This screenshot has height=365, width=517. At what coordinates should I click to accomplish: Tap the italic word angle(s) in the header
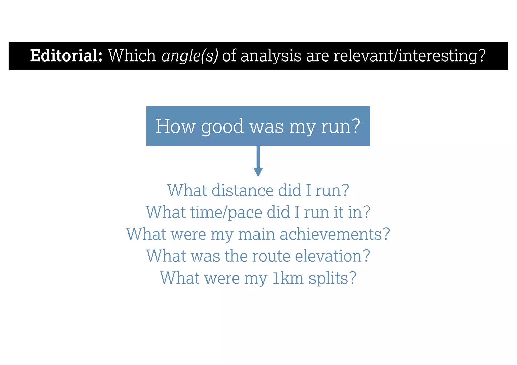(x=190, y=56)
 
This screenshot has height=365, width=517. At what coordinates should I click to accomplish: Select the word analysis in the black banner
(x=271, y=56)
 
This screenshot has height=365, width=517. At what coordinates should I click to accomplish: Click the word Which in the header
(x=132, y=56)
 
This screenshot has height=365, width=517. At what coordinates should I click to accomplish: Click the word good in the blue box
(x=222, y=126)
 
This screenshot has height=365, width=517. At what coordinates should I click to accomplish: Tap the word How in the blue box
(x=175, y=126)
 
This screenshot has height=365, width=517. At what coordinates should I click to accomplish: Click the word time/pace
(x=226, y=212)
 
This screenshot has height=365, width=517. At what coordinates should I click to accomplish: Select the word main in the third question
(x=256, y=234)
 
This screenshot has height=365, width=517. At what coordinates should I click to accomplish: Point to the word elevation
(x=332, y=256)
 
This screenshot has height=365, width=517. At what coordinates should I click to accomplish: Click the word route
(x=271, y=256)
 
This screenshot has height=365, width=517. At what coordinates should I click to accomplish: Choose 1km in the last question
(x=288, y=278)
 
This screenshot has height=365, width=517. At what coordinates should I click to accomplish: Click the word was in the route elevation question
(x=205, y=256)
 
